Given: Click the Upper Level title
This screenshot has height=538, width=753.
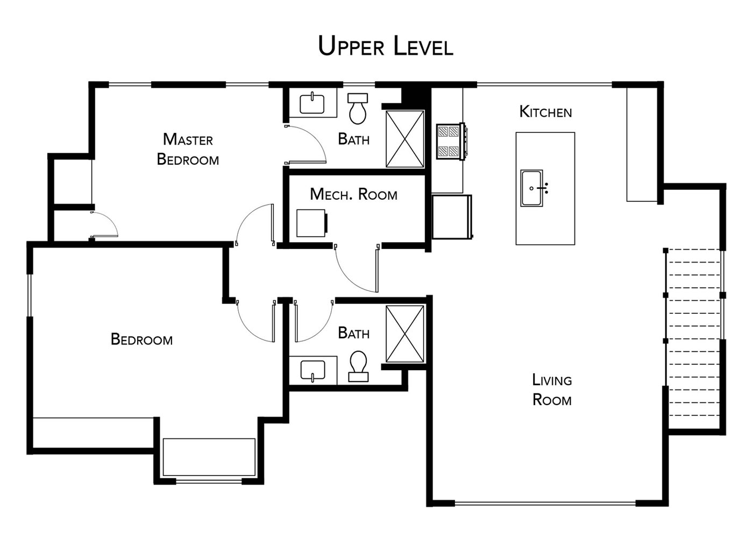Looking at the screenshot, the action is coord(385,46).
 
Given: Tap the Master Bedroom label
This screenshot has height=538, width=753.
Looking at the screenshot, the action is coord(188,149).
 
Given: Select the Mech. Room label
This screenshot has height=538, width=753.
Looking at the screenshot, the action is coord(354,194).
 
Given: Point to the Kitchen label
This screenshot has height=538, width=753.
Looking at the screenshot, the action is coord(545,112).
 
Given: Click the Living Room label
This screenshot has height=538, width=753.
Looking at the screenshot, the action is coord(552,390).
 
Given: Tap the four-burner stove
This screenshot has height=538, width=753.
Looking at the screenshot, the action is coord(451,141).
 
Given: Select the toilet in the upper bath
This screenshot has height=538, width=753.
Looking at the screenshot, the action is coord(358,109).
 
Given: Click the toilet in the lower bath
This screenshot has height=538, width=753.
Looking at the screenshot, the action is coord(358,366).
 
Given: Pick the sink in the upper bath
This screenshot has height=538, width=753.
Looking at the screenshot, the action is coord(312,103).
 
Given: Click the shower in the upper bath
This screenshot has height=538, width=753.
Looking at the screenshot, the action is coord(404,139).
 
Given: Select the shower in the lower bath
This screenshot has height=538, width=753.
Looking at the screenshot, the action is coord(404,334).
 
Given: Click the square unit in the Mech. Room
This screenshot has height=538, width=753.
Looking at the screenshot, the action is coord(311,223).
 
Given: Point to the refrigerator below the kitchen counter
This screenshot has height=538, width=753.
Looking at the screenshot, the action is coord(452,217).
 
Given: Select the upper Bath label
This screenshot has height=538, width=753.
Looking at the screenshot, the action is coord(354,139).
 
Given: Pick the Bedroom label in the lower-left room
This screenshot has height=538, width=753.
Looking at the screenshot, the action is coord(141,339).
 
